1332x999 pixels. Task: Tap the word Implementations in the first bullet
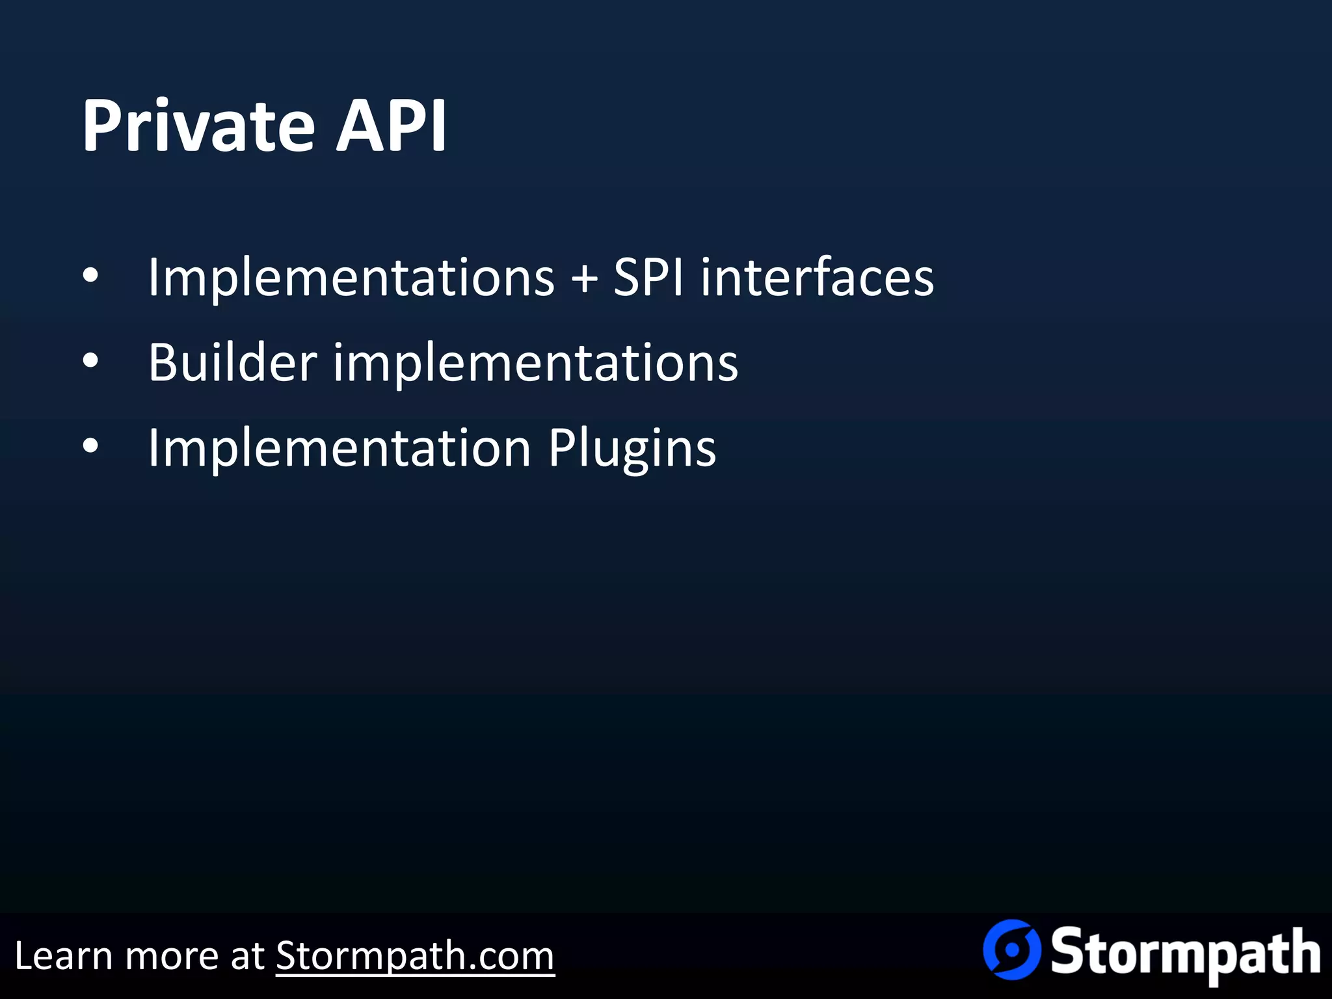(351, 278)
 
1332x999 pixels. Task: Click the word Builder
(232, 362)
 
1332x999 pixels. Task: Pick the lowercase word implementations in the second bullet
(536, 364)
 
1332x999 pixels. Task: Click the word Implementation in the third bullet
(340, 448)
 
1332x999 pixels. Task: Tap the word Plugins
(632, 449)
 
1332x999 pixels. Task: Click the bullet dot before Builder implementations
(90, 361)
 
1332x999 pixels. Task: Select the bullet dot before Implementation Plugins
(90, 446)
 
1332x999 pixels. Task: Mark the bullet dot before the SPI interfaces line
(90, 276)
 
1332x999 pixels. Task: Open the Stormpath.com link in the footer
(415, 956)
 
